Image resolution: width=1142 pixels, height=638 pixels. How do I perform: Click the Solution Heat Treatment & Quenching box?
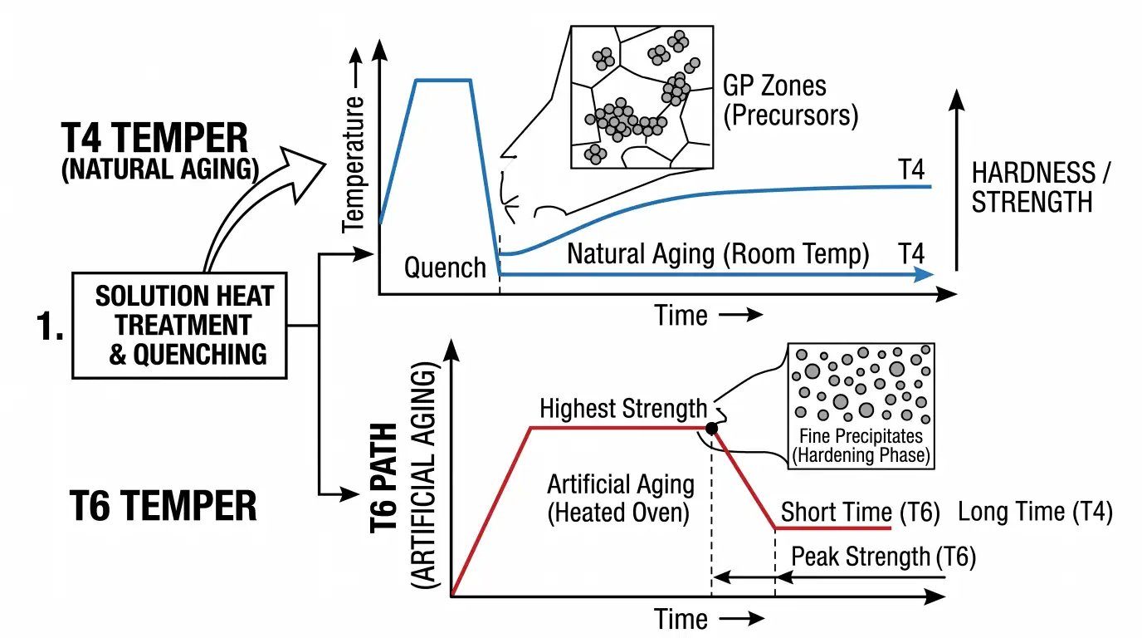(179, 326)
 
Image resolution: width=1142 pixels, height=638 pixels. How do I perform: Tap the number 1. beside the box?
(50, 326)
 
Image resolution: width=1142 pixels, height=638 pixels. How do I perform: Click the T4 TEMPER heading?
(154, 138)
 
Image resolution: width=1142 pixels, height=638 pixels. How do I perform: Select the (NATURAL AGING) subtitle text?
(160, 169)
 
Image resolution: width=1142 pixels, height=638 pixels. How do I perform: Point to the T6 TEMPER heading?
(163, 505)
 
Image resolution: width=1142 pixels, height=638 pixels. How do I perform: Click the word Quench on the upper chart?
(445, 267)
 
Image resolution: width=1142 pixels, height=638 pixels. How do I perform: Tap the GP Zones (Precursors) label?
(790, 100)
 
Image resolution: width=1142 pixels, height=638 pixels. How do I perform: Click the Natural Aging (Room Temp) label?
(718, 253)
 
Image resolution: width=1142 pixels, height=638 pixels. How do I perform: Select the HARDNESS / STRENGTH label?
(1040, 187)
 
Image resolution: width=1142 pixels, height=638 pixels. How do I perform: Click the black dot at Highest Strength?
(712, 428)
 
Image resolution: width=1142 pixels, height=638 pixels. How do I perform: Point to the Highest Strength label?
(623, 409)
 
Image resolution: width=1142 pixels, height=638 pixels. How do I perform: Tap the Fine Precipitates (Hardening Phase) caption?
(861, 445)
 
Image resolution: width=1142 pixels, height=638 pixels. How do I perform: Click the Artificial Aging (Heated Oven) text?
(621, 498)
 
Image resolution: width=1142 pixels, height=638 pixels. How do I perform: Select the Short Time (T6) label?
(860, 512)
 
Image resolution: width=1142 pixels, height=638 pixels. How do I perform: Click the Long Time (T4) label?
(1035, 512)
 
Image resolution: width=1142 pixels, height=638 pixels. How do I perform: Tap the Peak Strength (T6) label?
(884, 556)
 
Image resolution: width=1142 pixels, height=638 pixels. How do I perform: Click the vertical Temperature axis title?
(354, 164)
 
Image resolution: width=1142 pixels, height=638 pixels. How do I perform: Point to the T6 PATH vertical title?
(383, 478)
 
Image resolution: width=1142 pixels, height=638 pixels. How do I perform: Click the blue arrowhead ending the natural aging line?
(924, 275)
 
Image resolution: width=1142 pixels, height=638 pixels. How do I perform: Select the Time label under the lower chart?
(681, 619)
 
